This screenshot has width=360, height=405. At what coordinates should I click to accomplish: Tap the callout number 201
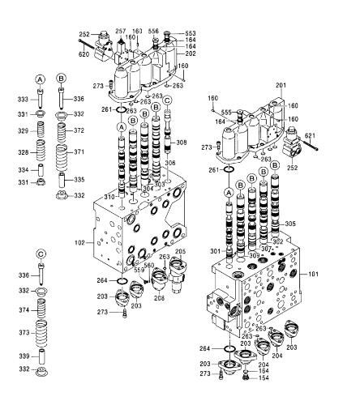pos(281,86)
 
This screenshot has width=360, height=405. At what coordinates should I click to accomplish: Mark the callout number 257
pos(121,29)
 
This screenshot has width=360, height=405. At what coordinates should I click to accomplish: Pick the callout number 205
pos(180,252)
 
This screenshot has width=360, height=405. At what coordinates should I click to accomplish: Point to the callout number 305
pos(290,224)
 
